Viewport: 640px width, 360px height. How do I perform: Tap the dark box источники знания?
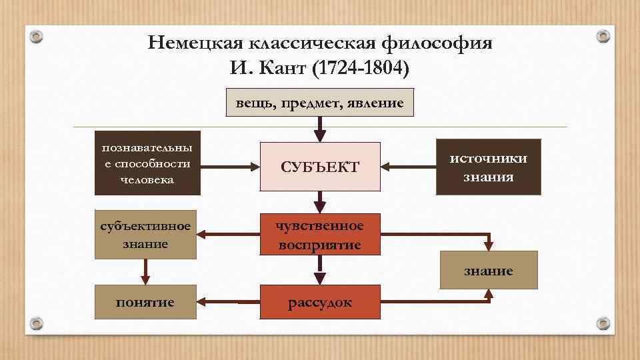point(488,167)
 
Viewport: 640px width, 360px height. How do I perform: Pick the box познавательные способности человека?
point(147,163)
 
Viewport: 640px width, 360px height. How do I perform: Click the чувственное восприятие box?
point(320,235)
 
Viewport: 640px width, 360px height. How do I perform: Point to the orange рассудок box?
point(320,303)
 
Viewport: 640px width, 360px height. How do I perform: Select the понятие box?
point(145,303)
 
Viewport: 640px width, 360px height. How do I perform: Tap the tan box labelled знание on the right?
point(489,271)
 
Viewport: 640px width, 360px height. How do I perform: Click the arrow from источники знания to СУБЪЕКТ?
point(407,167)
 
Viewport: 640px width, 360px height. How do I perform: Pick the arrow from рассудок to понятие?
point(227,302)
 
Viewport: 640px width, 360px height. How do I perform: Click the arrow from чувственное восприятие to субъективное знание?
point(230,234)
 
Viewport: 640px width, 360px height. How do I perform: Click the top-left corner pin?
point(39,37)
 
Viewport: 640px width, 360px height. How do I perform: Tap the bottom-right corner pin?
point(603,323)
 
